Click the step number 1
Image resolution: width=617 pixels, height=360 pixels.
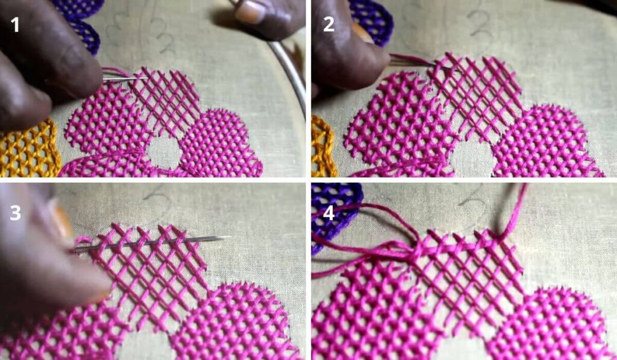tap(15, 25)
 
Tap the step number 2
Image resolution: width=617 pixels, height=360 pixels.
tap(328, 24)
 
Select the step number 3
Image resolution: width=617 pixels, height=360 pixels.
tap(15, 213)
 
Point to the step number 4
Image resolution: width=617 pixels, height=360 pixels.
tap(328, 213)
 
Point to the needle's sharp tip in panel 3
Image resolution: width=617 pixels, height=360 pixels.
tap(230, 237)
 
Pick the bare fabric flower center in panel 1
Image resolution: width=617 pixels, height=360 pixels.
tap(164, 153)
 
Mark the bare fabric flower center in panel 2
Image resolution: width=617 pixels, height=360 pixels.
tap(472, 157)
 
